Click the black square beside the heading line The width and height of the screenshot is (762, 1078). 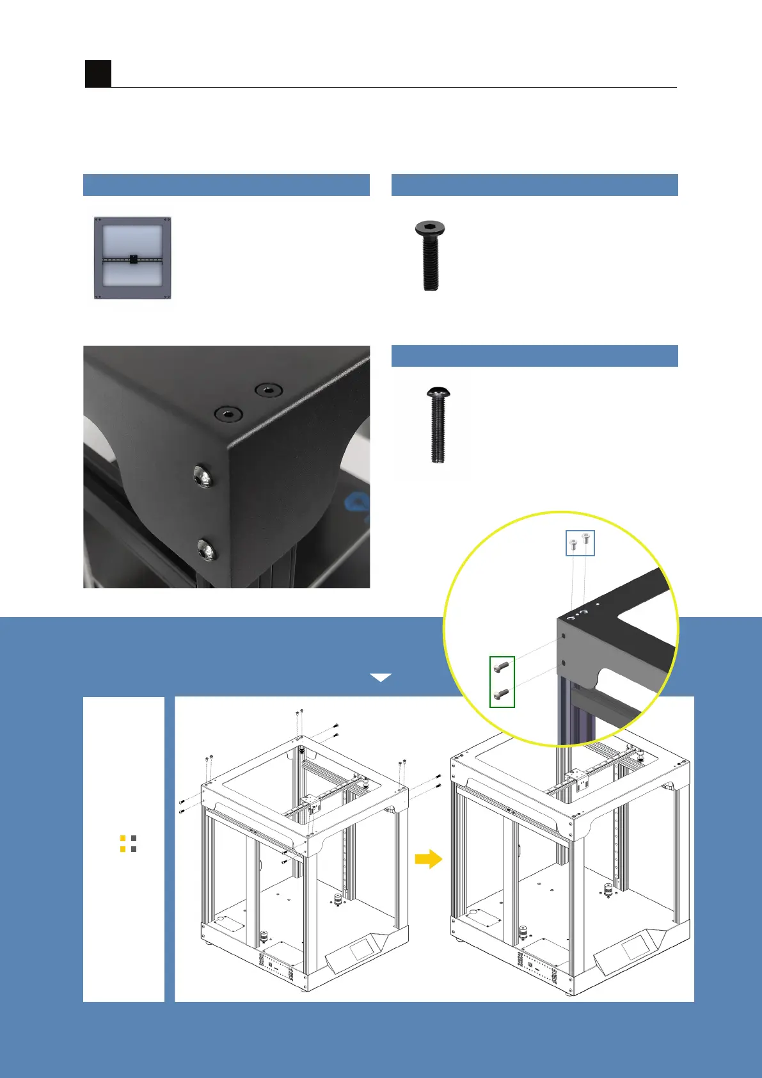pyautogui.click(x=98, y=74)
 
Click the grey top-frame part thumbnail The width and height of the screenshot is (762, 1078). pyautogui.click(x=132, y=258)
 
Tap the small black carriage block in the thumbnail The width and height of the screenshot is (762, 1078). pyautogui.click(x=132, y=259)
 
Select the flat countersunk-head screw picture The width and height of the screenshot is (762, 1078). pyautogui.click(x=431, y=255)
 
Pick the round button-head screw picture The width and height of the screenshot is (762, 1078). pyautogui.click(x=437, y=424)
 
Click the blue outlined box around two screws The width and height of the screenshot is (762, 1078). pyautogui.click(x=580, y=543)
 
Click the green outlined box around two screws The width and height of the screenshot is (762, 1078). pyautogui.click(x=502, y=681)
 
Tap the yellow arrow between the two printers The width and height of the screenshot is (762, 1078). pyautogui.click(x=428, y=858)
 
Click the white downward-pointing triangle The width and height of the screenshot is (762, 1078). pyautogui.click(x=381, y=677)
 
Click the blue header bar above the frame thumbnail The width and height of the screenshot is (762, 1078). pyautogui.click(x=226, y=184)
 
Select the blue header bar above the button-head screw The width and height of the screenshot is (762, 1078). pyautogui.click(x=534, y=356)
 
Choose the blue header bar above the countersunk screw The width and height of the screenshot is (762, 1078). pyautogui.click(x=534, y=184)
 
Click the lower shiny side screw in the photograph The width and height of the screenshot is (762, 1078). pyautogui.click(x=206, y=549)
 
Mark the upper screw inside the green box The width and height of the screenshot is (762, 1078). pyautogui.click(x=502, y=667)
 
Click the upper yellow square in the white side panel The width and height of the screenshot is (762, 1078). pyautogui.click(x=123, y=838)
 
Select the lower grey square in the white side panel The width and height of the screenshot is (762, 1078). pyautogui.click(x=134, y=849)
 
